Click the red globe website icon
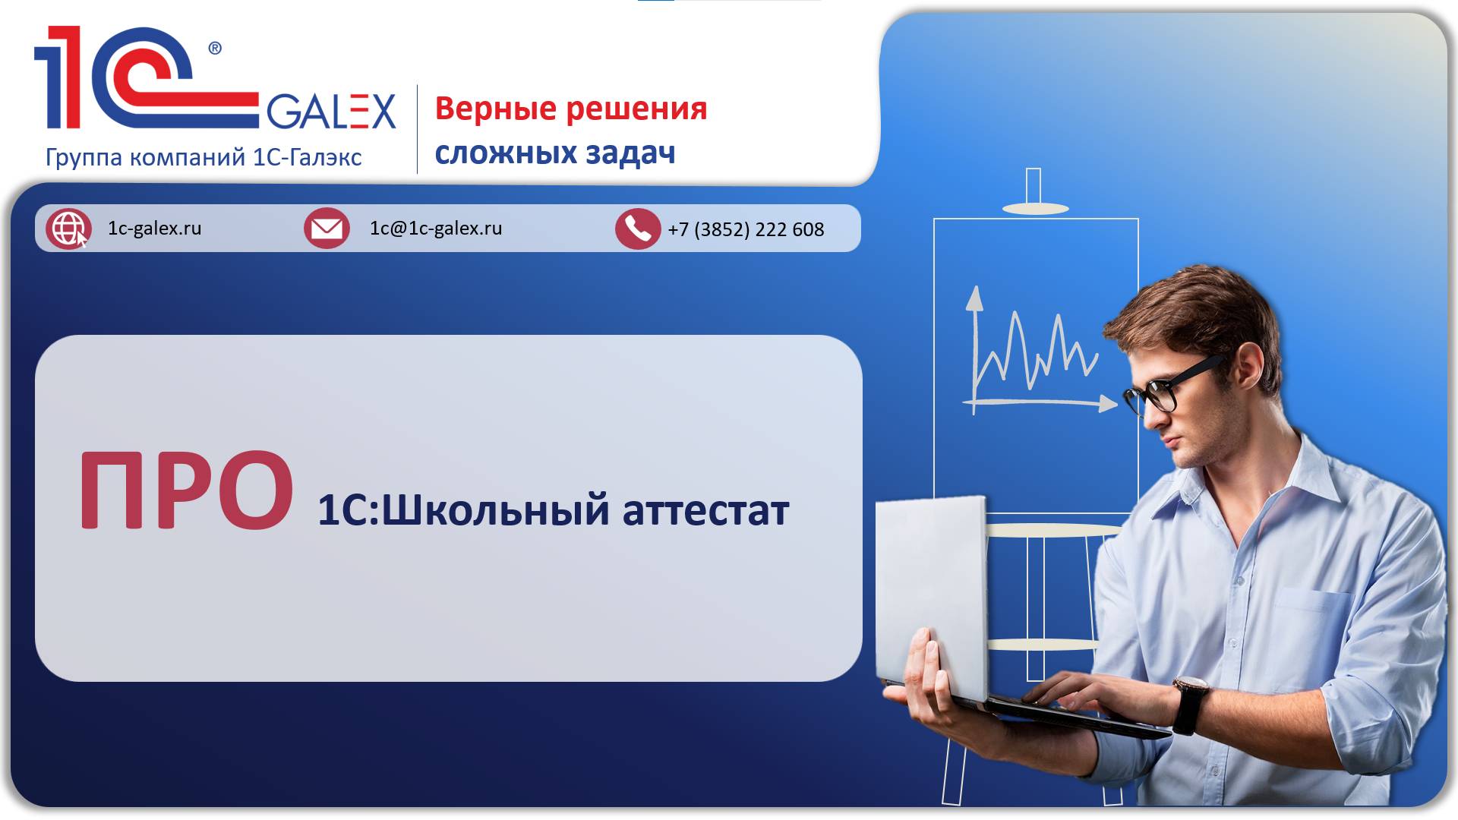[x=68, y=228]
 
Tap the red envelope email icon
[x=327, y=228]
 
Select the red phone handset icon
[x=638, y=229]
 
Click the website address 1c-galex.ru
[x=155, y=229]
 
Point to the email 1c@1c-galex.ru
[x=436, y=229]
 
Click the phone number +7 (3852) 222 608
[x=746, y=229]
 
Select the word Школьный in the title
[x=495, y=510]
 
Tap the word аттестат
[x=706, y=511]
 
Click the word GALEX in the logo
[x=331, y=112]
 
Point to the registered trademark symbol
[x=215, y=49]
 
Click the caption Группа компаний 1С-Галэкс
[x=204, y=157]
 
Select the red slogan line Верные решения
[x=571, y=109]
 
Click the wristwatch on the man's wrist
[x=1189, y=704]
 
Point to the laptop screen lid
[x=932, y=596]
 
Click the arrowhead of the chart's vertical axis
[x=974, y=298]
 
